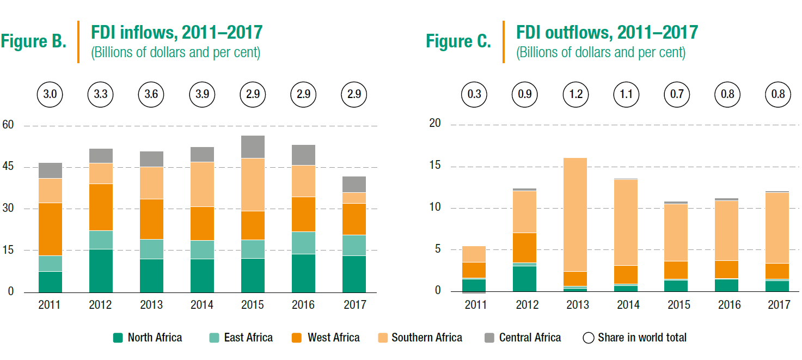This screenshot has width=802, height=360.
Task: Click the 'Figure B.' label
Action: [34, 41]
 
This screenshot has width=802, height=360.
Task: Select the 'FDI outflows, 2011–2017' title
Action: [607, 33]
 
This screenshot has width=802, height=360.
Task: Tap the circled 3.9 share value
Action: [202, 94]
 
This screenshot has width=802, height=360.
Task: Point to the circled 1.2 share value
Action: [576, 94]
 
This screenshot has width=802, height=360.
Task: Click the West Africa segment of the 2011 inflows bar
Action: [50, 229]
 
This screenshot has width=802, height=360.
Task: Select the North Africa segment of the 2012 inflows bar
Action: [101, 271]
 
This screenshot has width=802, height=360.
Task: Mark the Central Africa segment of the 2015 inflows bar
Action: [253, 147]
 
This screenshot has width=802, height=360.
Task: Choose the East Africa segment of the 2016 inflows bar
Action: [303, 243]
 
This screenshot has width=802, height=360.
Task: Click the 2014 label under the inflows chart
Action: [202, 305]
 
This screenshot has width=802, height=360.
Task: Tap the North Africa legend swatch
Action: [118, 338]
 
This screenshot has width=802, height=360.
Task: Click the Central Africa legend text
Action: [530, 338]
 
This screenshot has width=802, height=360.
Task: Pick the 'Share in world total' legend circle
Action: [588, 338]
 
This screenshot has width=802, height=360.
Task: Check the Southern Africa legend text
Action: [427, 338]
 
